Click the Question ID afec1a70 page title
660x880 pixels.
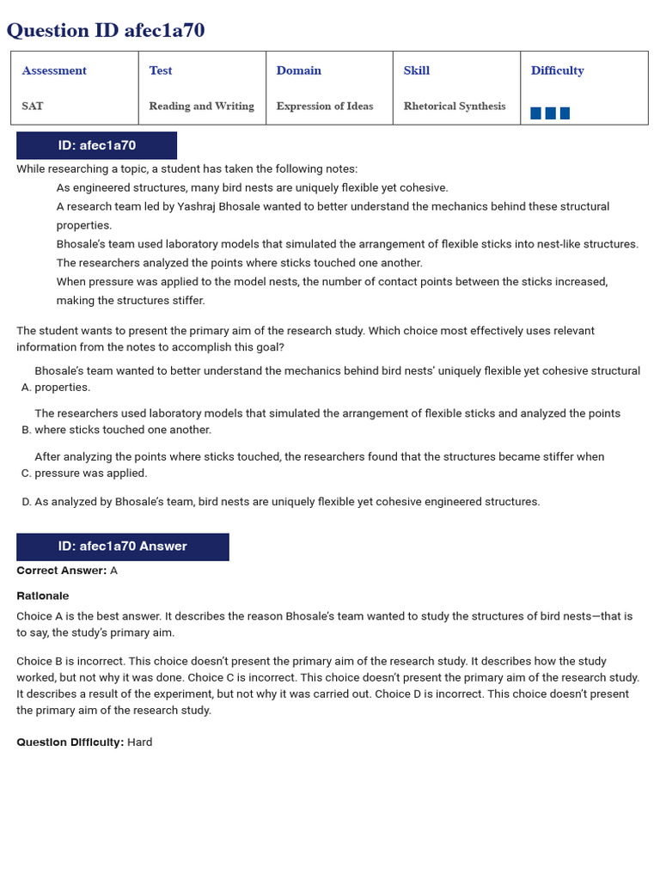(x=106, y=31)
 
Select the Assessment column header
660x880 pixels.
(x=54, y=70)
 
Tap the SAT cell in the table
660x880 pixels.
(x=33, y=106)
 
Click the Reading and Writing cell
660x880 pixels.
(x=201, y=106)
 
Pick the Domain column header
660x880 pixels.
(x=299, y=70)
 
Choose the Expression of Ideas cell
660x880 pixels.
(x=325, y=106)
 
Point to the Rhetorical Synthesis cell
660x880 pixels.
(x=455, y=106)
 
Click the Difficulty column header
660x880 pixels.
(x=557, y=70)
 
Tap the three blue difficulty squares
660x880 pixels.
(x=550, y=113)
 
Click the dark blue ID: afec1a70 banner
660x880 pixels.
(x=96, y=145)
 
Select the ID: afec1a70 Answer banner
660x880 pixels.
(x=122, y=546)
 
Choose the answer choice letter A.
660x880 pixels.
(x=26, y=388)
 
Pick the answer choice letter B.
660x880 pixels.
(x=26, y=430)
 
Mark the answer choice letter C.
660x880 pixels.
(x=26, y=473)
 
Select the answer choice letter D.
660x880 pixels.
(x=26, y=502)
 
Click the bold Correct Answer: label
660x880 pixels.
(x=62, y=571)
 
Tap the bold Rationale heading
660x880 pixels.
(x=43, y=596)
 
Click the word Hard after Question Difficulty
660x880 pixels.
(x=140, y=742)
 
